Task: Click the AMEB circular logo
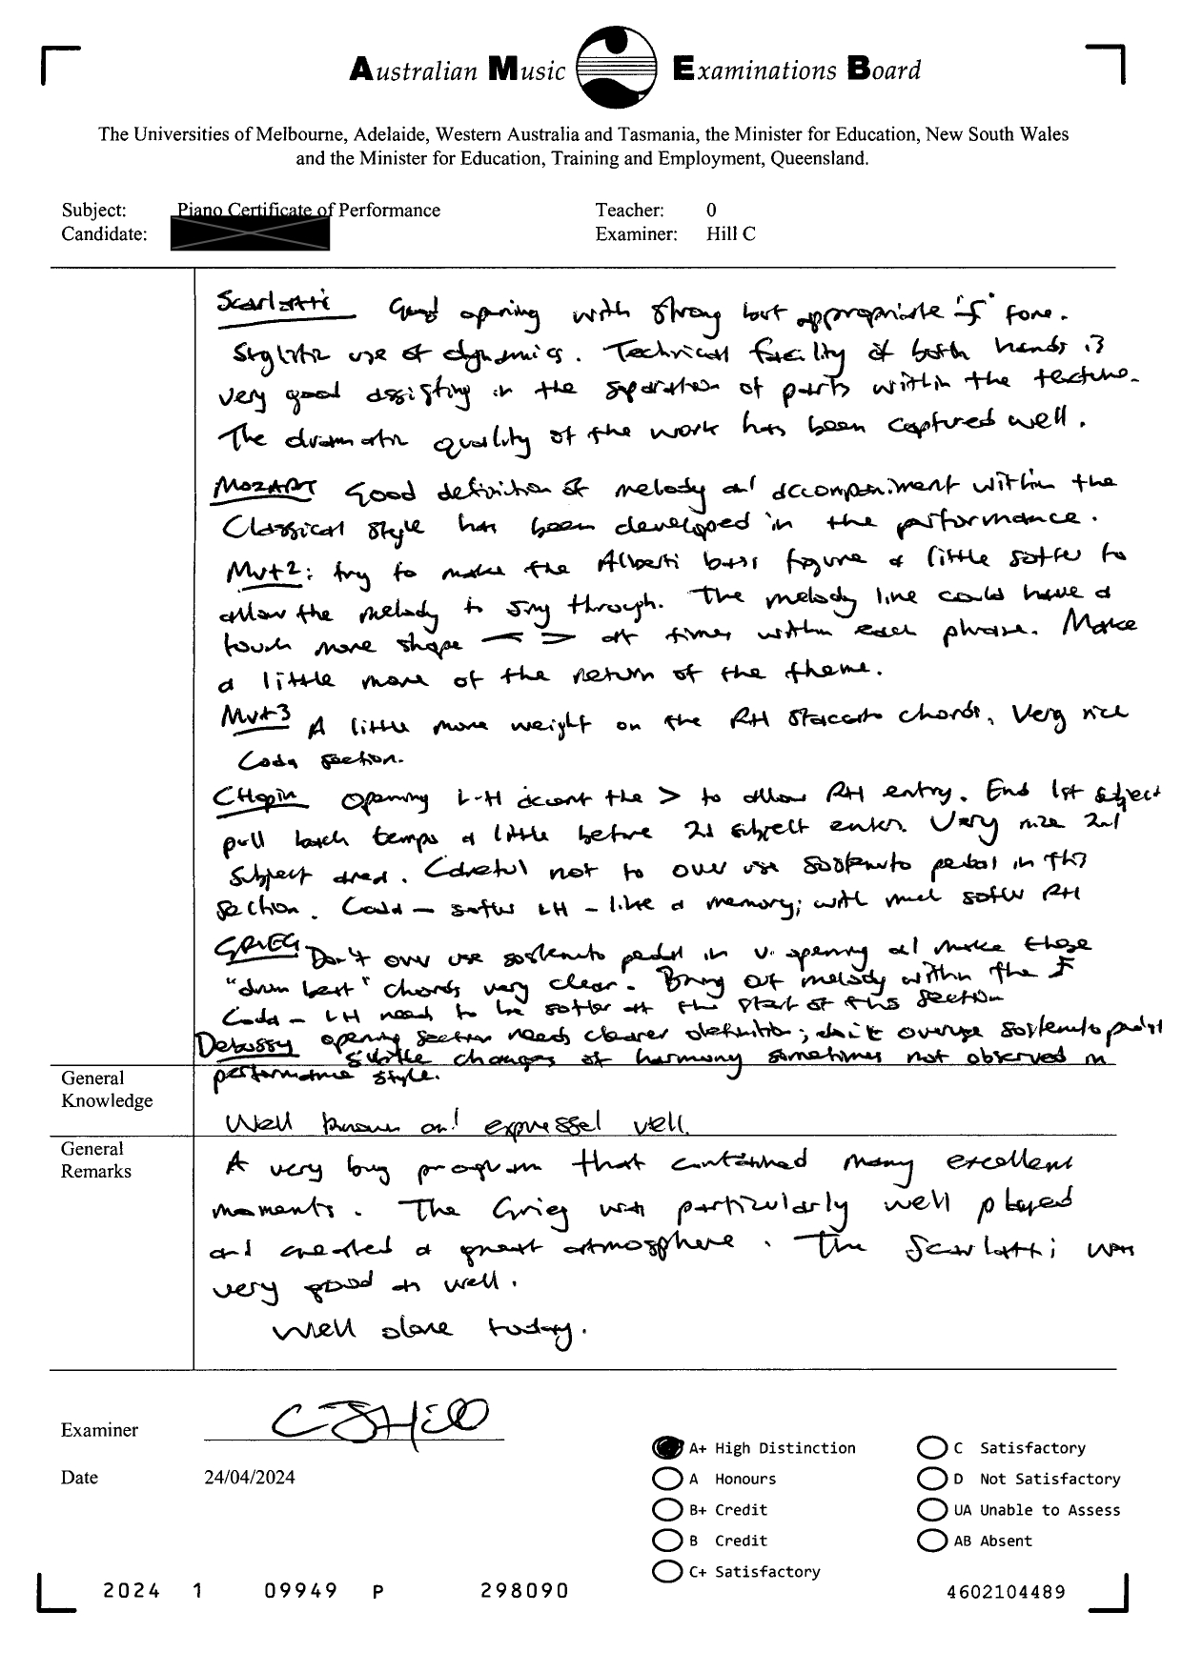point(618,68)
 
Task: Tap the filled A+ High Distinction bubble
point(667,1447)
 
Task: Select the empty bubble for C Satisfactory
point(931,1447)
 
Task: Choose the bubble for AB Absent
point(931,1541)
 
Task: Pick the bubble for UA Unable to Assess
point(931,1510)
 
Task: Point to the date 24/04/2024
point(249,1478)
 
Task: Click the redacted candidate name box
point(250,234)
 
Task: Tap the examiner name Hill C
point(730,234)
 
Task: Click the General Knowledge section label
point(107,1090)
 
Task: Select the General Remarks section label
point(96,1160)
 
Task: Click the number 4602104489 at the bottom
point(1006,1592)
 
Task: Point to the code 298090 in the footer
point(524,1590)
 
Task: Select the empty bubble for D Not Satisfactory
point(931,1479)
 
